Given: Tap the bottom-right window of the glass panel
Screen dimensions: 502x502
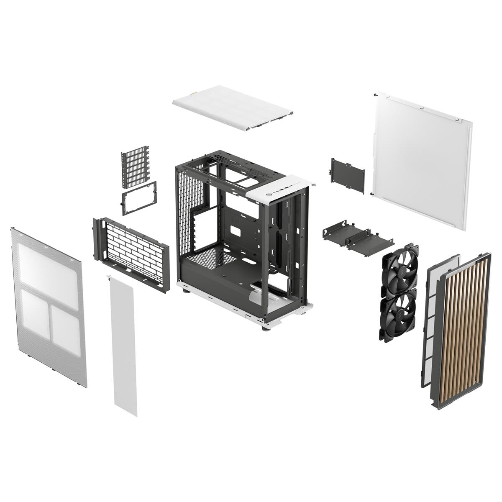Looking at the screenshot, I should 66,324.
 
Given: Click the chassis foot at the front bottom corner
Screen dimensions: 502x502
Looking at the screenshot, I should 264,329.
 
